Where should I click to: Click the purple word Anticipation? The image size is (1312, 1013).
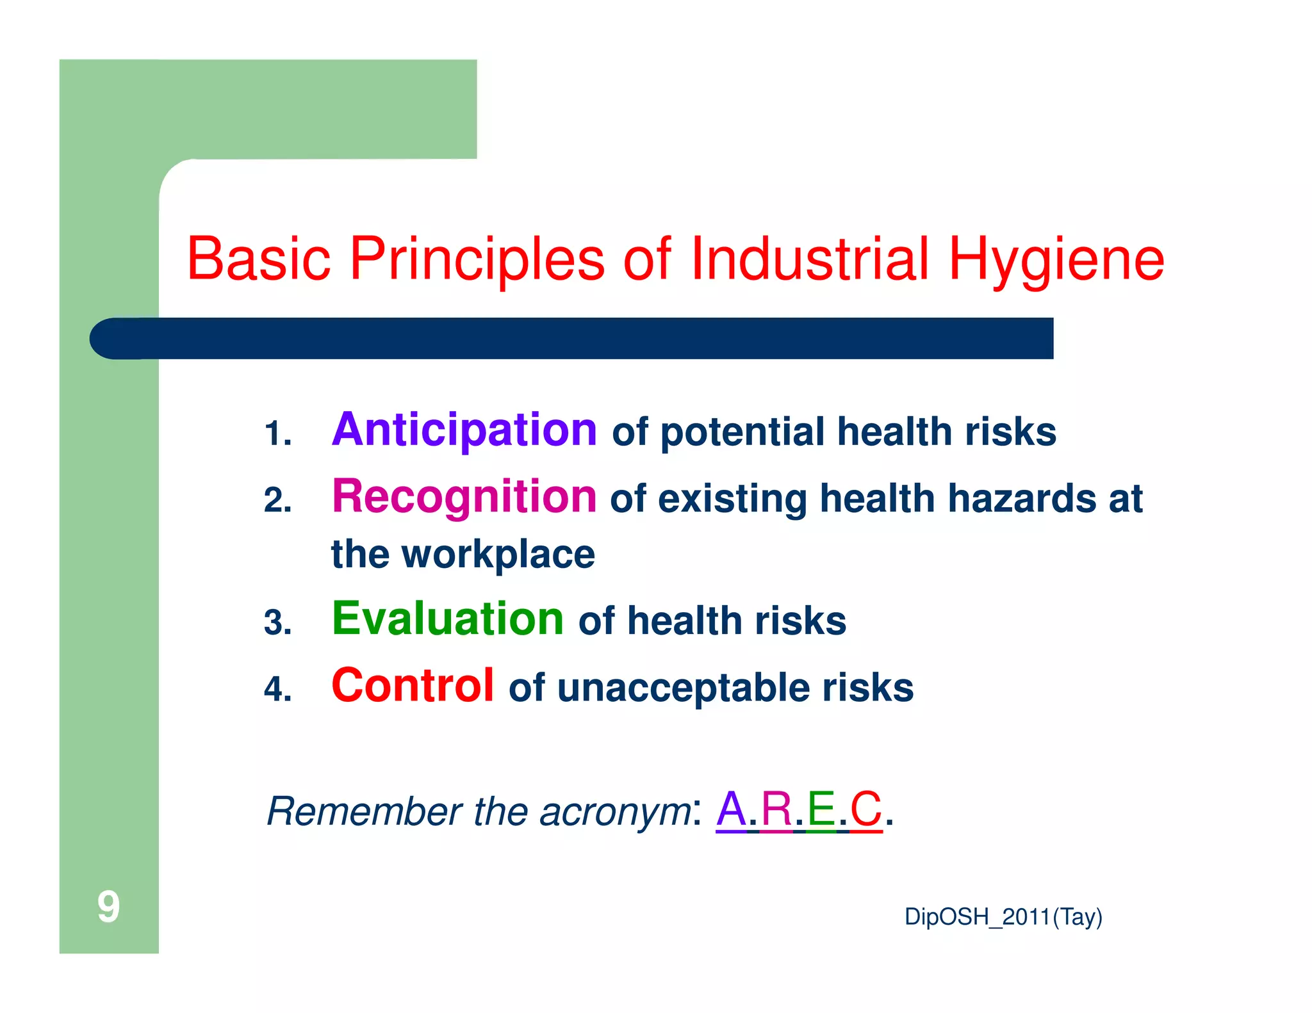tap(464, 430)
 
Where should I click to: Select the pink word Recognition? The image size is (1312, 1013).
tap(464, 497)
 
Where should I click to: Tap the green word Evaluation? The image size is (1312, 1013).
tap(447, 619)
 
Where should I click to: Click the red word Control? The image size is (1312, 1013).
tap(413, 686)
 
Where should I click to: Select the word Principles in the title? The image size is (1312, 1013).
tap(477, 260)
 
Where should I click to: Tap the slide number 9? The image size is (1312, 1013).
tap(108, 907)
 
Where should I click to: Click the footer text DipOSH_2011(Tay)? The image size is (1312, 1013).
tap(1003, 917)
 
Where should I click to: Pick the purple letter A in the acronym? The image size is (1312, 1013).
tap(731, 809)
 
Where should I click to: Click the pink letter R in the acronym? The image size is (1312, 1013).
tap(776, 809)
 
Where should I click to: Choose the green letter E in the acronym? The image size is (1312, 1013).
tap(821, 809)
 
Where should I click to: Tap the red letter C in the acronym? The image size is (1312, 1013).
tap(866, 809)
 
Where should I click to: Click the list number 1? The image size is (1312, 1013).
tap(277, 434)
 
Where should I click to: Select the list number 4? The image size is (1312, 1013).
tap(277, 690)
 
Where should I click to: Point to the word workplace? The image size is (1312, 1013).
tap(498, 555)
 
